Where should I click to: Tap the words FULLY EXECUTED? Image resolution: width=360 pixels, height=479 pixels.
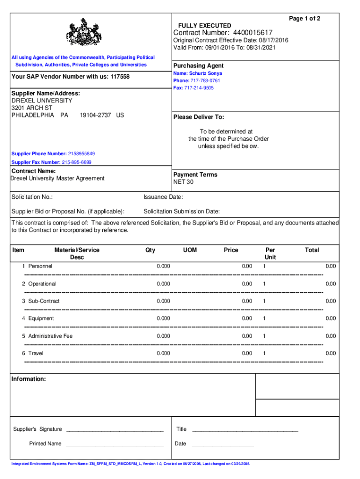click(x=204, y=25)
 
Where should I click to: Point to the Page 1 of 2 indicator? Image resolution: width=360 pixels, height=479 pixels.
click(x=304, y=18)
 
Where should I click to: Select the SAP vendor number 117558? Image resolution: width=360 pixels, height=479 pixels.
click(x=120, y=77)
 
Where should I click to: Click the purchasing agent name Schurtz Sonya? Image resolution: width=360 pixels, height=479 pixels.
click(x=206, y=73)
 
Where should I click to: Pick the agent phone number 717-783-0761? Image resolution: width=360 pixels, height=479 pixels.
click(x=206, y=80)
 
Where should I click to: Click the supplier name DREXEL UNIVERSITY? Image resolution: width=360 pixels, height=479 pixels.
click(x=42, y=101)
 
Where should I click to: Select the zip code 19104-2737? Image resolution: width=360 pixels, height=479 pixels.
click(x=95, y=115)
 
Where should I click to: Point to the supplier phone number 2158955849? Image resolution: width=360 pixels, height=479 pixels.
click(x=81, y=153)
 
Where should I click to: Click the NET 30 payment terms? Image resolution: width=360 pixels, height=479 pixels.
click(x=183, y=182)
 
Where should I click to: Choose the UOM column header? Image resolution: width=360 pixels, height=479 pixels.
click(x=190, y=250)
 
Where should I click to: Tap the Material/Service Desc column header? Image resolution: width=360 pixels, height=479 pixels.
click(x=77, y=254)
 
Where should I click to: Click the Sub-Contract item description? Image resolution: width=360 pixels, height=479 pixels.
click(x=44, y=301)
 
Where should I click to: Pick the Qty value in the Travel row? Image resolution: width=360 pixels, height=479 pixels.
click(x=164, y=353)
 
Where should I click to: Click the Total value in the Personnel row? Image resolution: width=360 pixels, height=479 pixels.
click(x=331, y=266)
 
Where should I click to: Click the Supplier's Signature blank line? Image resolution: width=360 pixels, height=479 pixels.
click(x=115, y=429)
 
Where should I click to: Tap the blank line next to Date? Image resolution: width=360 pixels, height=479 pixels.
click(x=223, y=444)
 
